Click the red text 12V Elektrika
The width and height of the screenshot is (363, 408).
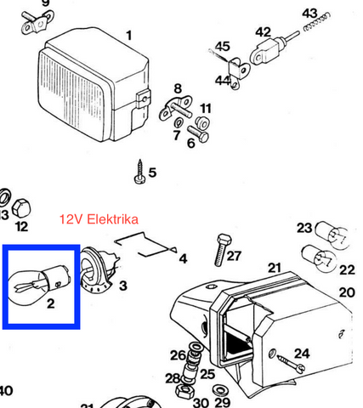99,218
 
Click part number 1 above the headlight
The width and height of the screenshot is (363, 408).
129,35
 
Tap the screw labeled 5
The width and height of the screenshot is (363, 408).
139,174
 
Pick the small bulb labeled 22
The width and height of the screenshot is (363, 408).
320,257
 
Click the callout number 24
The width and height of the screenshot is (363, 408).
301,353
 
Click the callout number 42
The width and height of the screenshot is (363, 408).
264,31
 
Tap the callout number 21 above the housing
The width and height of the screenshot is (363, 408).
274,268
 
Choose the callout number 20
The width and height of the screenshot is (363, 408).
346,292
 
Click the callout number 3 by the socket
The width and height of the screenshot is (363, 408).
123,286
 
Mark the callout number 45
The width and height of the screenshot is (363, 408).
223,46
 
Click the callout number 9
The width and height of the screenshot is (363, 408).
45,3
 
